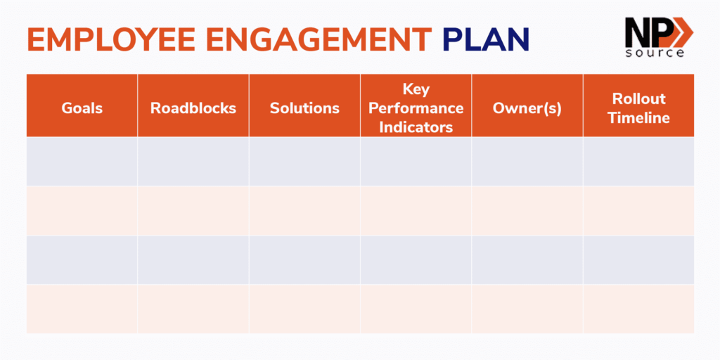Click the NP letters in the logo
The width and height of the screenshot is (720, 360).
(644, 32)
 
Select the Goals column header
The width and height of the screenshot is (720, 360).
(82, 108)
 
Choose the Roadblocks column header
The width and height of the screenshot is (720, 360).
(193, 108)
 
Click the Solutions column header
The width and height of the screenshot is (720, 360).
(304, 108)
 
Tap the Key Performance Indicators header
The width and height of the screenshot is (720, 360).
(416, 108)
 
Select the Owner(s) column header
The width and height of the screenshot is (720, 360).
(527, 108)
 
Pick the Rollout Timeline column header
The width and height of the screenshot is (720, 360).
(638, 108)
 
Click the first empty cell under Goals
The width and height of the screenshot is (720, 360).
(82, 161)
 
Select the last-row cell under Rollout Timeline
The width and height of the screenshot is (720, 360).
(638, 309)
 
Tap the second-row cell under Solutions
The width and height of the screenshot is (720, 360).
(304, 210)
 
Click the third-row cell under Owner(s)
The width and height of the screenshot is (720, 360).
(527, 259)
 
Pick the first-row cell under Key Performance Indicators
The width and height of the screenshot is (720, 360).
(416, 161)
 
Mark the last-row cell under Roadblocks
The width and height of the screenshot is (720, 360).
(193, 309)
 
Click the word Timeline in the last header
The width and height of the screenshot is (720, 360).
(638, 118)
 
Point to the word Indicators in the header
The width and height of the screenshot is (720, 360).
(416, 127)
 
